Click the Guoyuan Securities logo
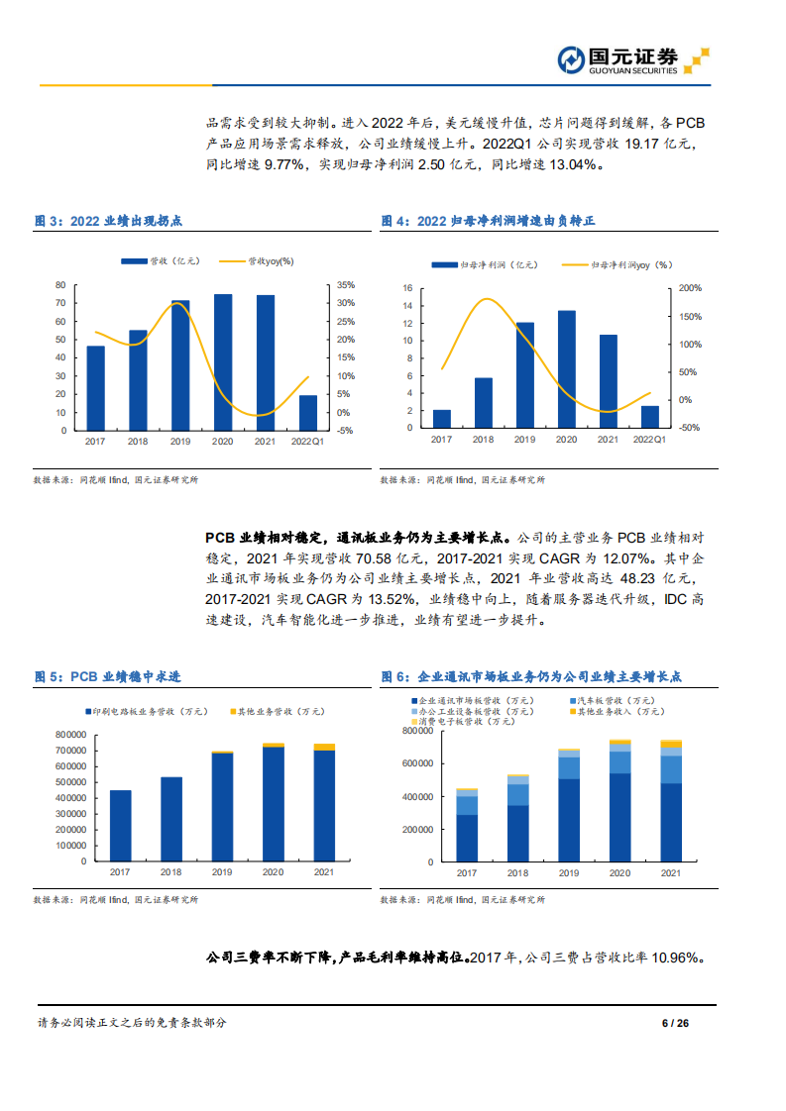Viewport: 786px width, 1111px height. click(x=632, y=60)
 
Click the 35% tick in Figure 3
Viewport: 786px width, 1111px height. click(x=346, y=285)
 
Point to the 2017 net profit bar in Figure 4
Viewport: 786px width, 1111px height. click(x=442, y=419)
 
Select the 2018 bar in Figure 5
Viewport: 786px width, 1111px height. click(x=171, y=819)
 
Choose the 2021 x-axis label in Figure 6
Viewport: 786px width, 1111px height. click(x=671, y=873)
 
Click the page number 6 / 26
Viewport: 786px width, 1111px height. click(x=675, y=1023)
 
